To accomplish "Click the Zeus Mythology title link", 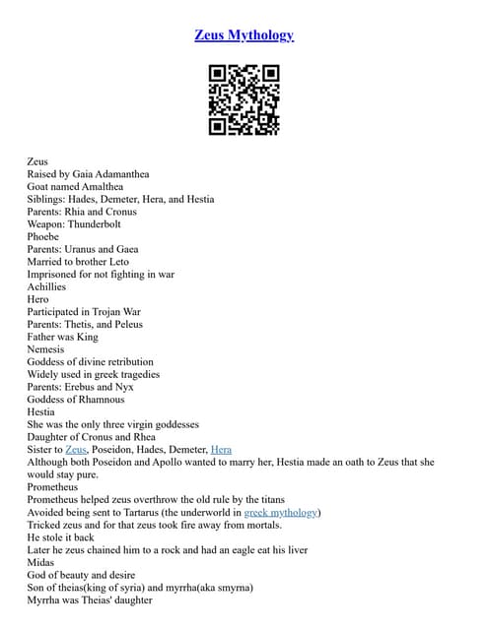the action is coord(244,35).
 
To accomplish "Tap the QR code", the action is coord(244,99).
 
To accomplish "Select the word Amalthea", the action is coord(97,186).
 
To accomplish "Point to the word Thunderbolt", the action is coord(101,223).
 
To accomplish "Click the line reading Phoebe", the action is coord(43,236).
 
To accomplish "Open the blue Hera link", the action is coord(221,449).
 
